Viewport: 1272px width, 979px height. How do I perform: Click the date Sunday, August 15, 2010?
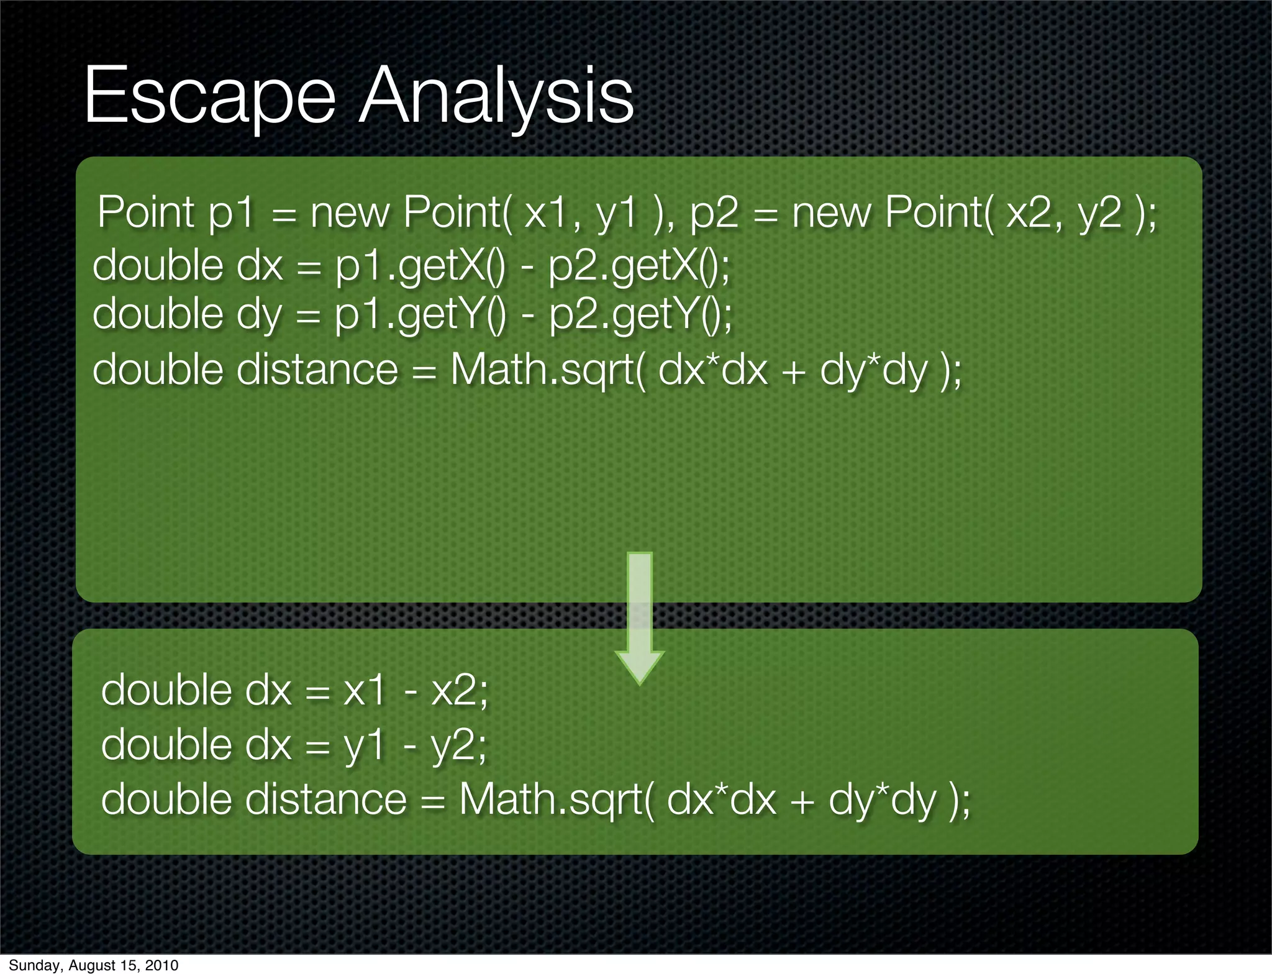[x=93, y=965]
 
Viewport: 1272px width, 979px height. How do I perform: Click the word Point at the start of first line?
[x=146, y=212]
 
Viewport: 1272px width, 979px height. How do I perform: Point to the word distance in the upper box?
[x=317, y=370]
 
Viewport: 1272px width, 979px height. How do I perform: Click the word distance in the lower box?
[x=326, y=799]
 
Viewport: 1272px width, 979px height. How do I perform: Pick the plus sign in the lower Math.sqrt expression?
[x=802, y=801]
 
